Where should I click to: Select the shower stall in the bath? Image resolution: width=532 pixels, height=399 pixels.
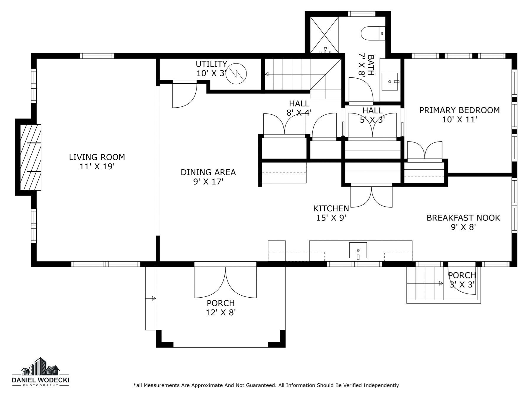(324, 35)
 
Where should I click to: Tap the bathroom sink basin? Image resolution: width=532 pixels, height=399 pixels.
(390, 82)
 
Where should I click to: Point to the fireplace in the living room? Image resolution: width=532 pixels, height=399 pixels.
(30, 157)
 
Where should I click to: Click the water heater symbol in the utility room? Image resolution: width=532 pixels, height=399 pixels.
(236, 74)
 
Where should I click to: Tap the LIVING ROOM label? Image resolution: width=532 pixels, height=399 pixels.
(97, 157)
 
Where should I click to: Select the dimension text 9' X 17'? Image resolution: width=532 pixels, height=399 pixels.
(208, 181)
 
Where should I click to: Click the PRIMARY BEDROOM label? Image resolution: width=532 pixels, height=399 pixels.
(459, 110)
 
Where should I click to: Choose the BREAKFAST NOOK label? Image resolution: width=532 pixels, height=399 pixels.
(463, 218)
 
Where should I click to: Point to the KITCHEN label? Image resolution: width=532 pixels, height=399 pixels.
(331, 208)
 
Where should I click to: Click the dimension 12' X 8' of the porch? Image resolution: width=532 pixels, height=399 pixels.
(220, 312)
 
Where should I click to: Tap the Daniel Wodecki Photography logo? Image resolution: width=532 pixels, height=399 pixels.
(40, 372)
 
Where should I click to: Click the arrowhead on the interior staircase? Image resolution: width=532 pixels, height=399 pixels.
(266, 74)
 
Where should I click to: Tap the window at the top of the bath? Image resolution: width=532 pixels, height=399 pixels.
(361, 14)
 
